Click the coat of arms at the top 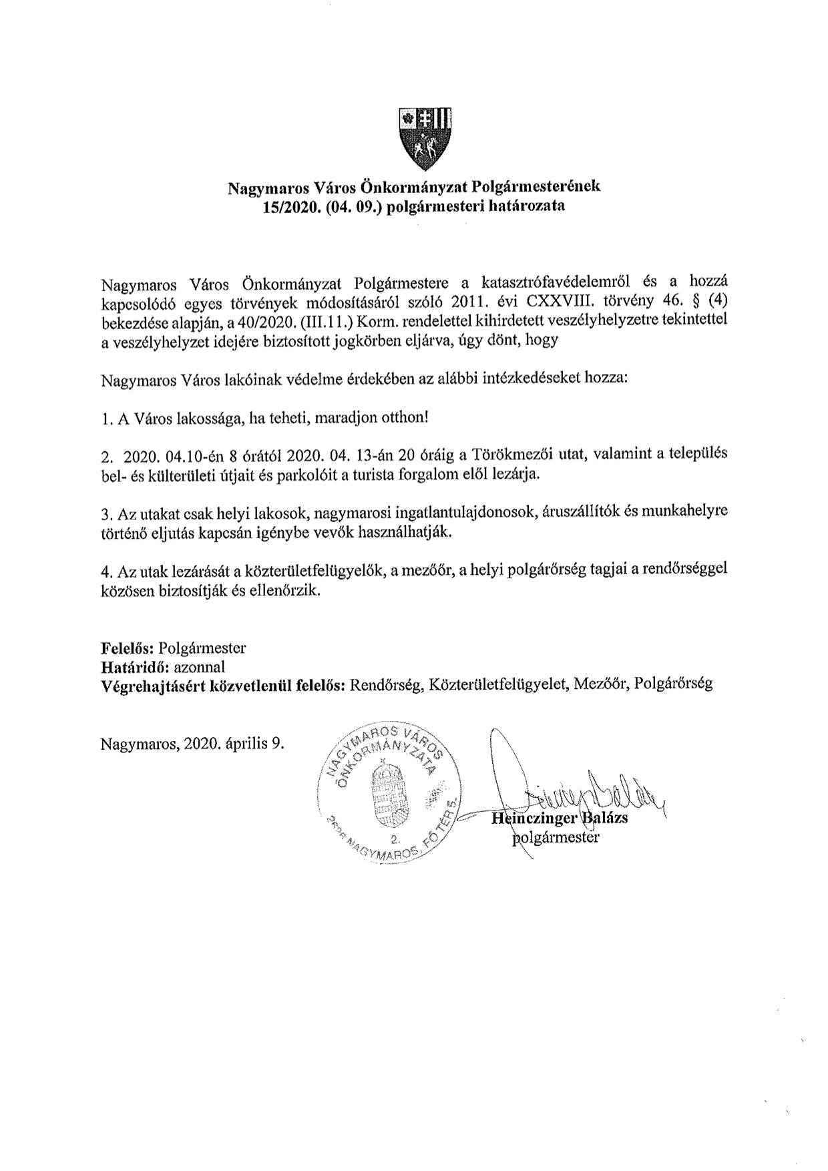[425, 138]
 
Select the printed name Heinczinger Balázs [560, 818]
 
